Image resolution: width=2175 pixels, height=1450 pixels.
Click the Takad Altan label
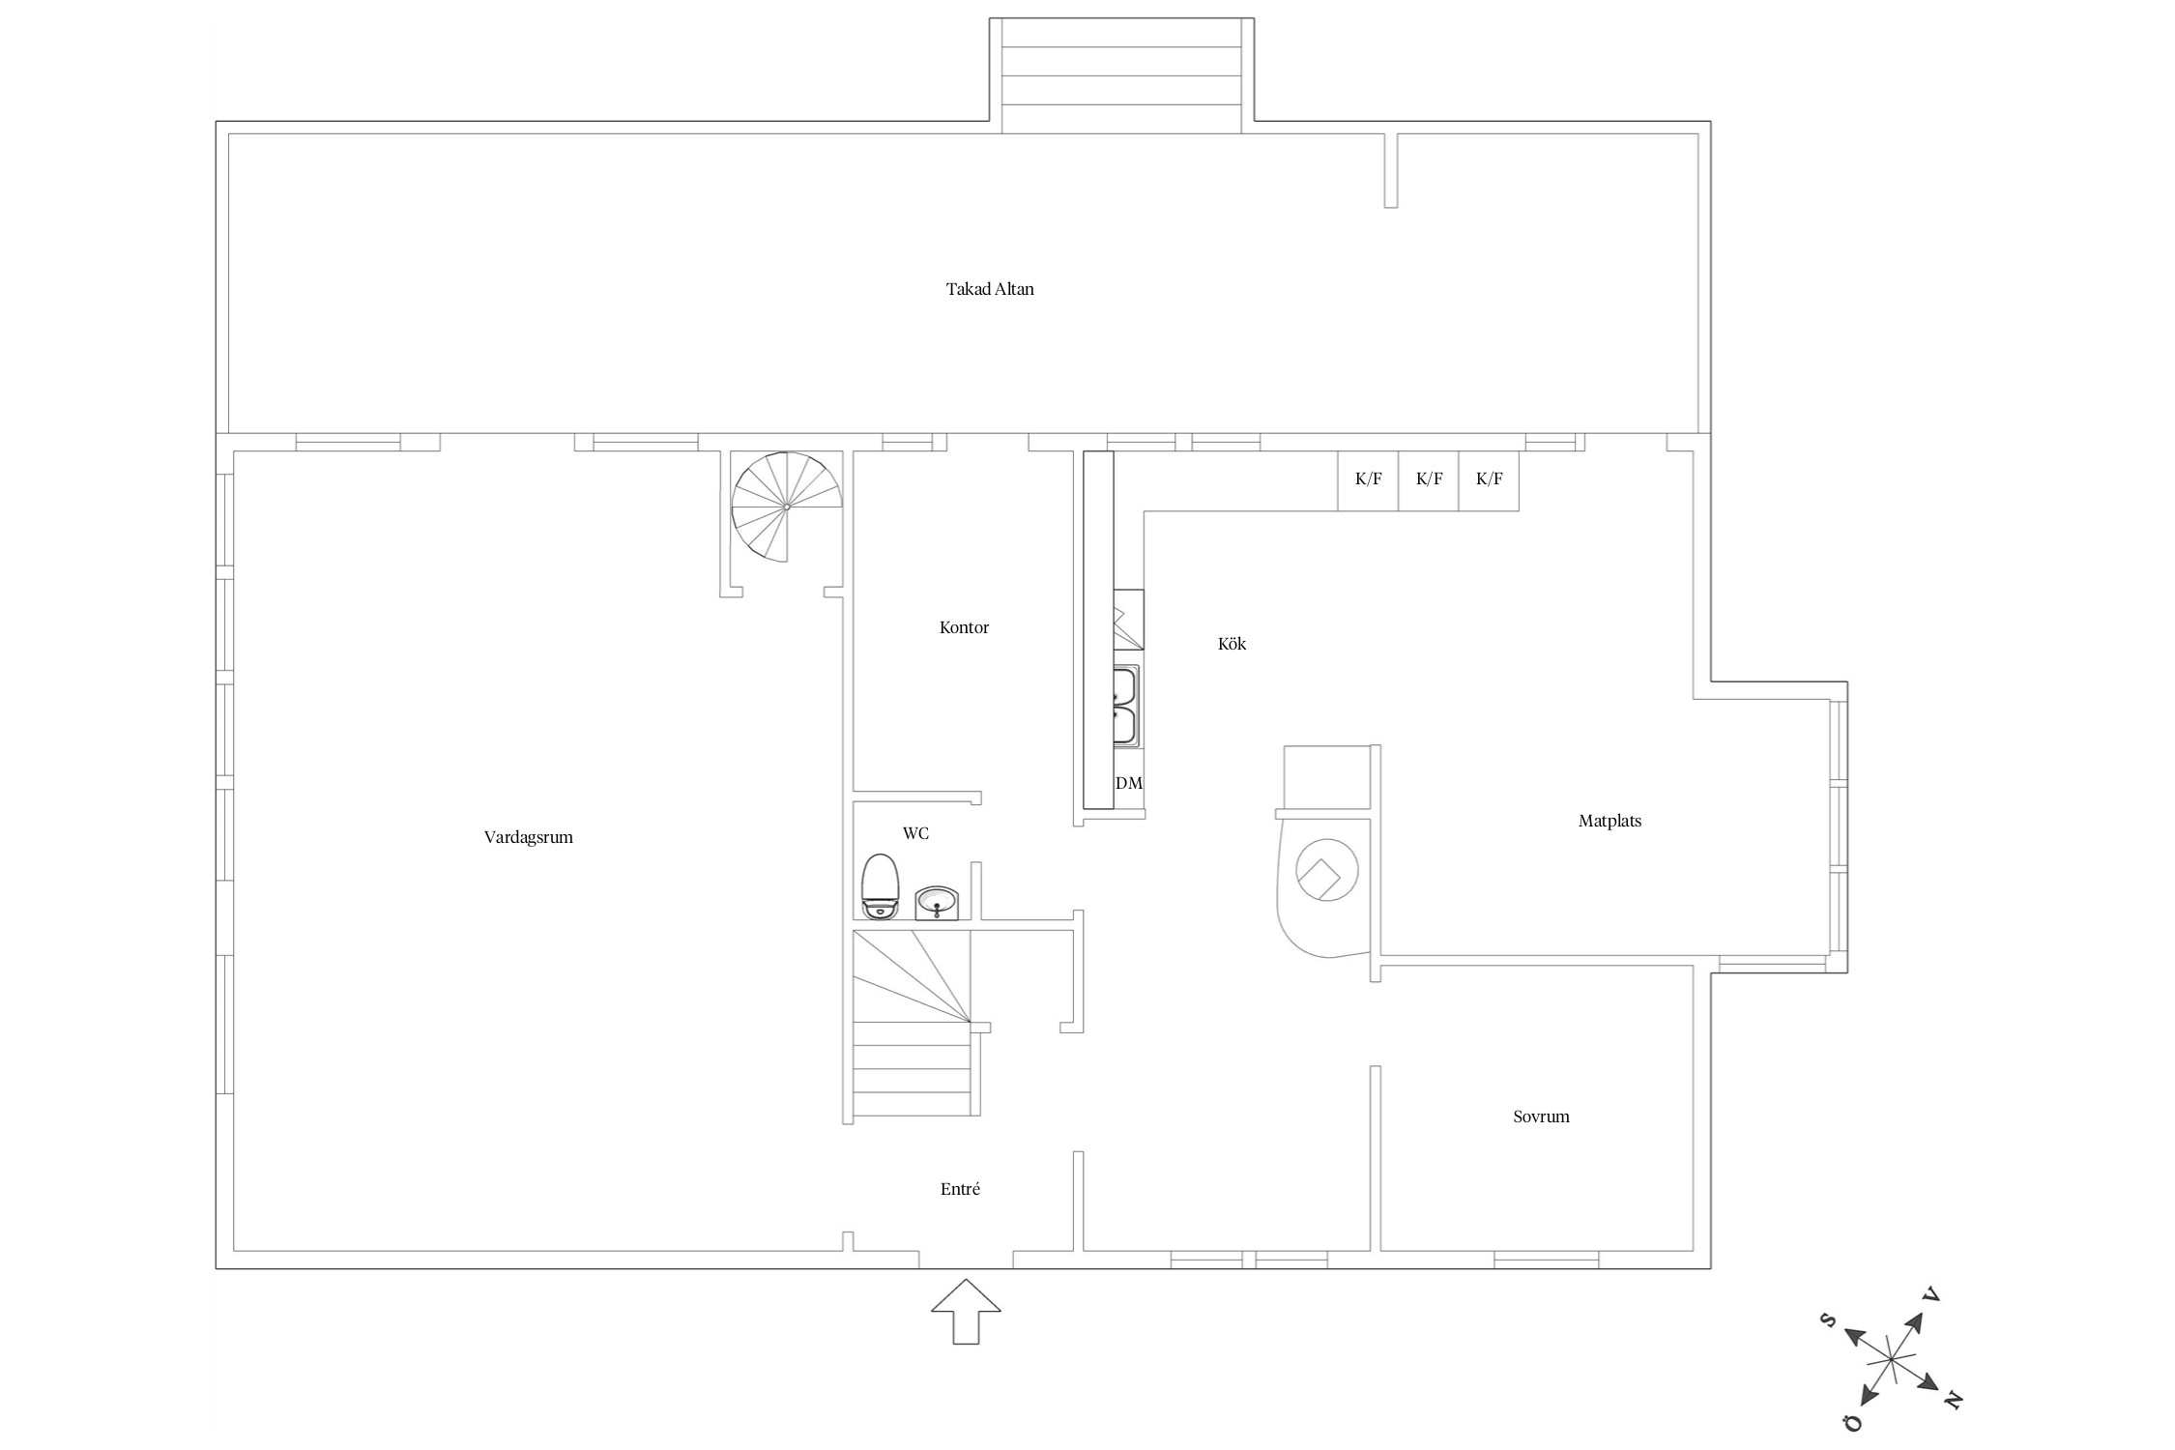click(990, 289)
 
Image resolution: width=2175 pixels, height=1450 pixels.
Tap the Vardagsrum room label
click(529, 838)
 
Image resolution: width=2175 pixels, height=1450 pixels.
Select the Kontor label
click(964, 628)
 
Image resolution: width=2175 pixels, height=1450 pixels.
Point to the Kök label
click(1232, 644)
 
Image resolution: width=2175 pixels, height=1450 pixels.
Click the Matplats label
click(1609, 822)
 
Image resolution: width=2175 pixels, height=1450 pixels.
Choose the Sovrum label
click(1541, 1117)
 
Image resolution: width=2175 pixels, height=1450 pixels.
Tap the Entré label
click(960, 1190)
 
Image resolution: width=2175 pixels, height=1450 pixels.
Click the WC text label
click(915, 833)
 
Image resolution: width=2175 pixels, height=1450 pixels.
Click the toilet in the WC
click(880, 886)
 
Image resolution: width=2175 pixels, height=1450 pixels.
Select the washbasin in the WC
click(937, 904)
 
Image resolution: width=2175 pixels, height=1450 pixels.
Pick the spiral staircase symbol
click(786, 507)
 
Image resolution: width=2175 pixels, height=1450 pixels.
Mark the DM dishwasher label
click(1129, 784)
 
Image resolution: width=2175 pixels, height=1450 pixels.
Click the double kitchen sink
click(1125, 705)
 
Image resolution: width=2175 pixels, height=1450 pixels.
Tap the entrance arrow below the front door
click(966, 1312)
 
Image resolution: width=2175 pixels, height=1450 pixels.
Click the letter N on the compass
click(1954, 1400)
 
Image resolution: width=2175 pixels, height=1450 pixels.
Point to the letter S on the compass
click(1828, 1320)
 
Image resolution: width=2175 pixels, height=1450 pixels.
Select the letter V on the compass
click(1931, 1294)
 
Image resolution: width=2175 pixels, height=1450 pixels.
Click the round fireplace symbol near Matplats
click(1326, 870)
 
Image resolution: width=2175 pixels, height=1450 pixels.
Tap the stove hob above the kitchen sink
click(1128, 620)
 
